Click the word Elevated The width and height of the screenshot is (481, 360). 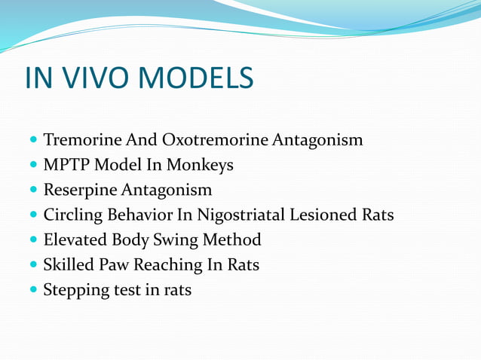tap(73, 240)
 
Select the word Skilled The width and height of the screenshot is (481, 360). tap(67, 265)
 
